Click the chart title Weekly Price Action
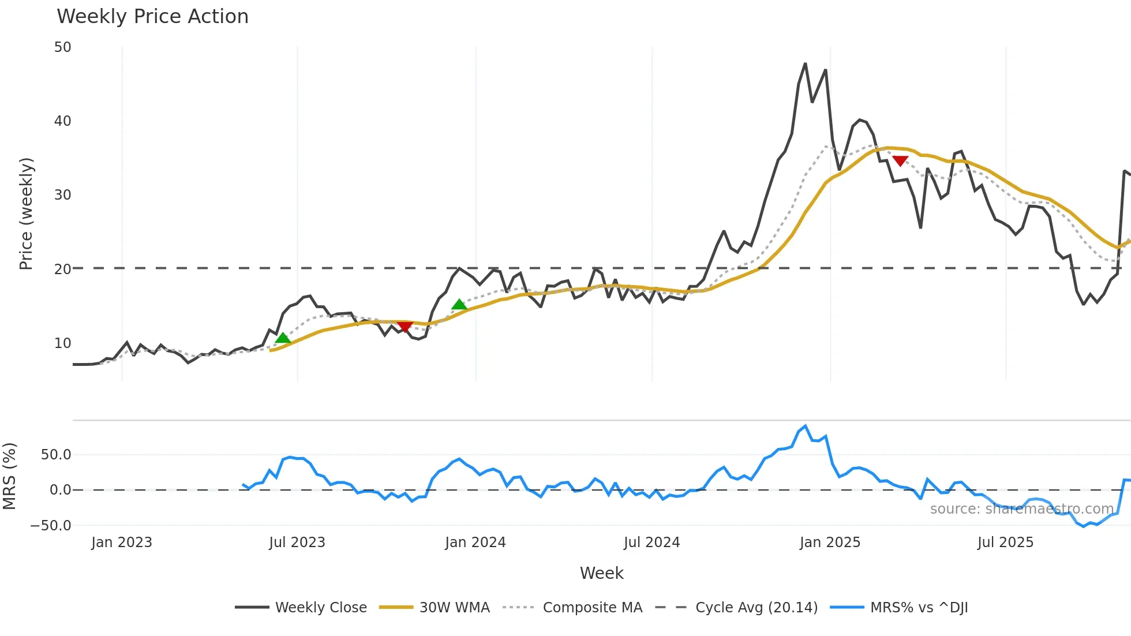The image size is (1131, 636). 152,17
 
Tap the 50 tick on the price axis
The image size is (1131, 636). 63,47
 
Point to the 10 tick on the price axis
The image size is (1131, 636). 63,343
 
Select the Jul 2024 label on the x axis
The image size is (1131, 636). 651,543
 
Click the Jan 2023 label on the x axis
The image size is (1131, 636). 122,543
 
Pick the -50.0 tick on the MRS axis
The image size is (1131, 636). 51,526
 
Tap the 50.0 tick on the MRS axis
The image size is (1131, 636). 56,455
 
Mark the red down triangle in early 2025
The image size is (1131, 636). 900,160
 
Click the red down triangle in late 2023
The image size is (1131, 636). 405,327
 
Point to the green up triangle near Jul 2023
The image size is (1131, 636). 283,338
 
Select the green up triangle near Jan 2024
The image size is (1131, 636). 459,304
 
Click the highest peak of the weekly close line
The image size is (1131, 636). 806,63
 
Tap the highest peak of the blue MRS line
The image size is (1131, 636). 806,426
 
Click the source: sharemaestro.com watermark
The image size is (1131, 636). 1021,509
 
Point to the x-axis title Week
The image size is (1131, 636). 601,573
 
